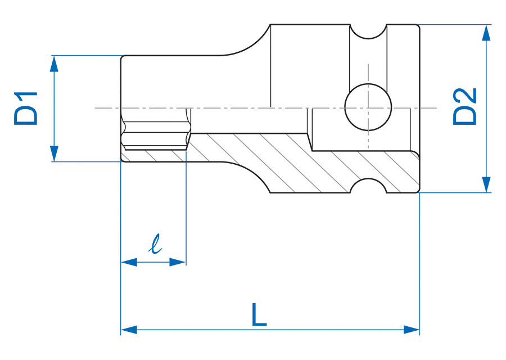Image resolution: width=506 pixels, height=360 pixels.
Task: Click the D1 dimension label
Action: click(26, 108)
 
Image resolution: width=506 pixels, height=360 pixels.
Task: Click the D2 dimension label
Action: click(465, 107)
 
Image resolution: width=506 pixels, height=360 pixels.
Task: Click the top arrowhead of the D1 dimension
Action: click(54, 64)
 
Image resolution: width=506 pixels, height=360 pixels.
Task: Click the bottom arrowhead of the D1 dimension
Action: click(54, 154)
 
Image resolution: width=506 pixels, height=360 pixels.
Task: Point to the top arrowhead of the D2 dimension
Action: click(486, 33)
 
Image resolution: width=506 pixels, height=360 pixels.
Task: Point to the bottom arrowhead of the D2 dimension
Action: click(486, 184)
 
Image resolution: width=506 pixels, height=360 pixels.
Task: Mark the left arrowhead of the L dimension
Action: click(129, 330)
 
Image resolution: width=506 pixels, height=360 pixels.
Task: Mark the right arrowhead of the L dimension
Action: click(412, 330)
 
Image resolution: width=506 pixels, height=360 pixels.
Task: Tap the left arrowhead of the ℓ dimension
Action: click(129, 262)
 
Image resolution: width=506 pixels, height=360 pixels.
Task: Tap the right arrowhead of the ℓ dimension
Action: click(178, 262)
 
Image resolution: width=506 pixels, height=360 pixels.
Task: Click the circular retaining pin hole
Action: click(368, 107)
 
